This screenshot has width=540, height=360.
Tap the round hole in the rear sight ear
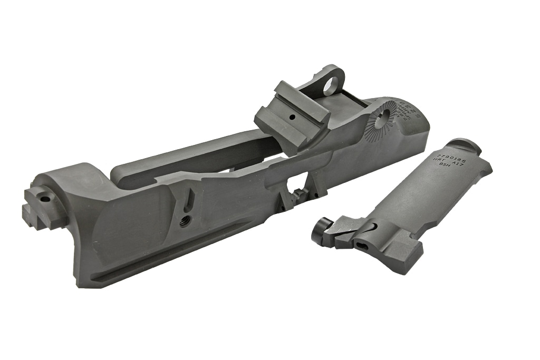coord(330,84)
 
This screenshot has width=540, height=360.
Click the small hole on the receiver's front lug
coord(44,200)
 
